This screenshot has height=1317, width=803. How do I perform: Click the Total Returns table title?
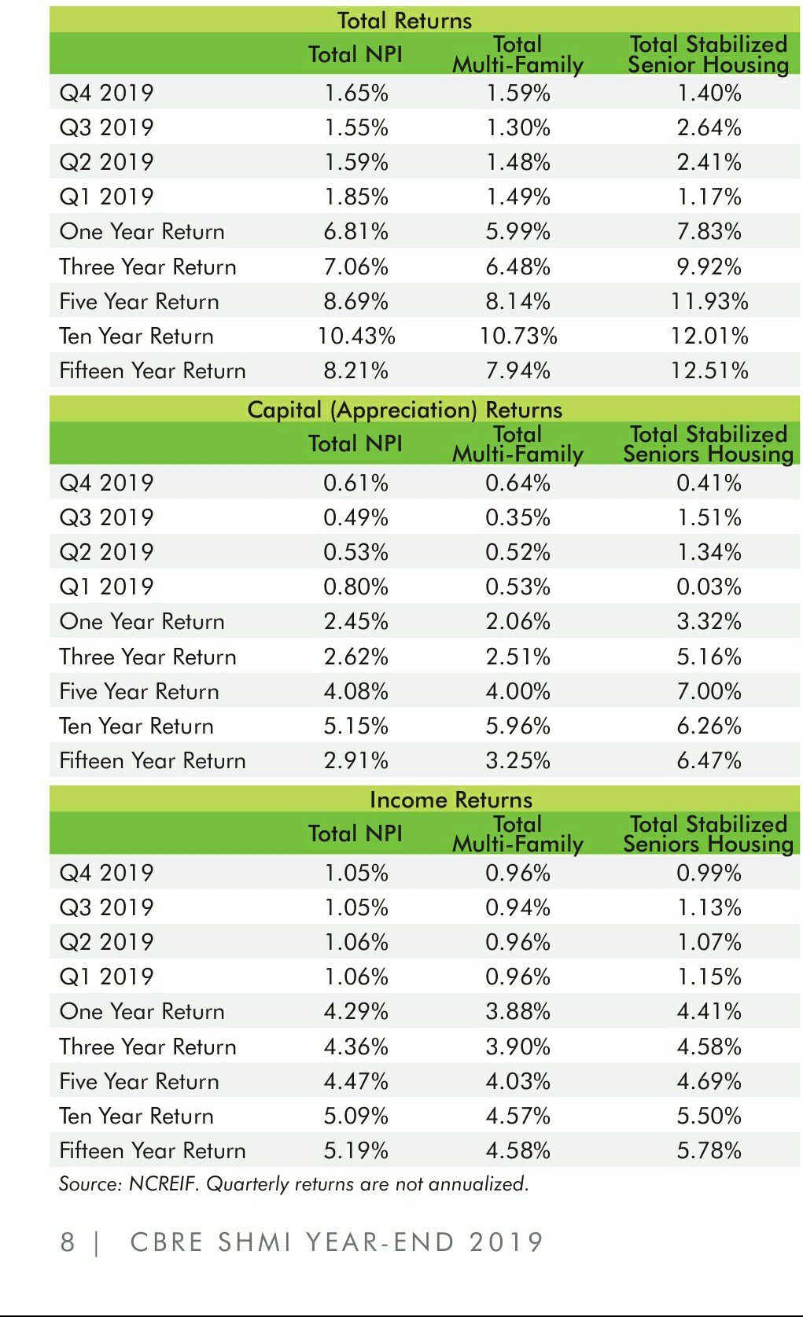[404, 20]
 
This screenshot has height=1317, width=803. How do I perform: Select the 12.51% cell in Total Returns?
[709, 370]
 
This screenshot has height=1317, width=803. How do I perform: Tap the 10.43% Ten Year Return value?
[356, 336]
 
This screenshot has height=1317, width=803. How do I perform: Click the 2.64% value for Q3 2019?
[709, 127]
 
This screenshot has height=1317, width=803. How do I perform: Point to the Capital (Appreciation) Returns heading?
[405, 410]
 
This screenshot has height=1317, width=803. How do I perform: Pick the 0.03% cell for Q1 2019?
[709, 587]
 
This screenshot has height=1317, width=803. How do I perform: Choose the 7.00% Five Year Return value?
[709, 691]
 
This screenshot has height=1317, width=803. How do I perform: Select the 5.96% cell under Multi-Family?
[518, 726]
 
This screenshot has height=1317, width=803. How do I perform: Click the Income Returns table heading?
[451, 800]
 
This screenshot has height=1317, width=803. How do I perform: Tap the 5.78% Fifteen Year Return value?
[709, 1150]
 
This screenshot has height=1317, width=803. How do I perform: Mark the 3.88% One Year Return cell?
[518, 1011]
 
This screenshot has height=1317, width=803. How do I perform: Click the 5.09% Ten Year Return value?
[356, 1116]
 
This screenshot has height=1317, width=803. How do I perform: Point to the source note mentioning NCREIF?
[293, 1183]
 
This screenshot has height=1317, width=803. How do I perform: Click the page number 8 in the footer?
[68, 1242]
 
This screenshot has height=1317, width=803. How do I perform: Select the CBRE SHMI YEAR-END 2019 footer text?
[337, 1242]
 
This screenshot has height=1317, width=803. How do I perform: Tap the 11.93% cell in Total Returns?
[709, 301]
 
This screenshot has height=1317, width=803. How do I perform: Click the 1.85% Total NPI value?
[356, 197]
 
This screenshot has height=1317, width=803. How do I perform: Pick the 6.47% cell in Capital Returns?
[709, 760]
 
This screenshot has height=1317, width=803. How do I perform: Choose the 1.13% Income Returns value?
[709, 907]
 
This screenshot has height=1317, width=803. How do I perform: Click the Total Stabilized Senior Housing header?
[709, 54]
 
